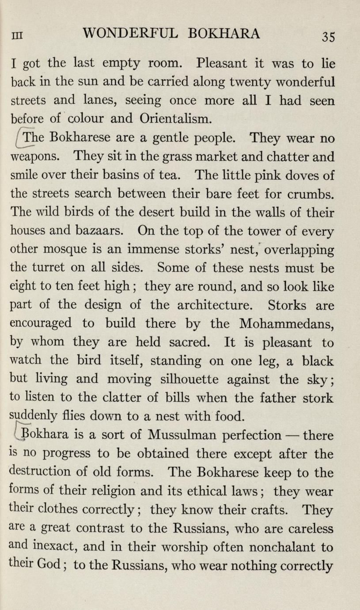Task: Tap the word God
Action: [x=53, y=566]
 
